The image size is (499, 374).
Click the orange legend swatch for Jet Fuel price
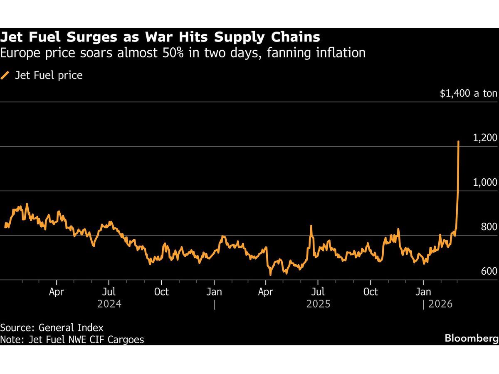pyautogui.click(x=5, y=75)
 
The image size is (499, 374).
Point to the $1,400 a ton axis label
pyautogui.click(x=469, y=93)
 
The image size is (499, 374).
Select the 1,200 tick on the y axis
pyautogui.click(x=485, y=138)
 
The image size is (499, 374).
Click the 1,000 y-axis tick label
pyautogui.click(x=485, y=182)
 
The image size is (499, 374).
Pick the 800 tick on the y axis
pyautogui.click(x=489, y=227)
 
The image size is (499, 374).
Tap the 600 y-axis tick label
pyautogui.click(x=489, y=271)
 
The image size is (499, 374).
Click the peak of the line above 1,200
pyautogui.click(x=459, y=142)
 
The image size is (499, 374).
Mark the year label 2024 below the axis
pyautogui.click(x=109, y=304)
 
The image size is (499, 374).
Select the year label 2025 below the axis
pyautogui.click(x=319, y=304)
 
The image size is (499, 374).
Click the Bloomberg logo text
pyautogui.click(x=471, y=338)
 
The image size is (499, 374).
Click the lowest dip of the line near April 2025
pyautogui.click(x=270, y=274)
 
